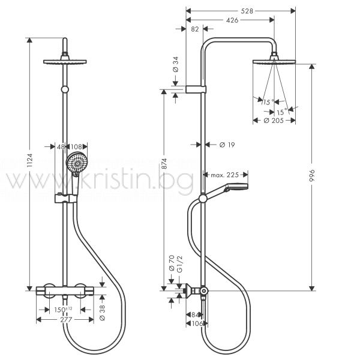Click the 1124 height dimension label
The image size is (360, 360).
click(30, 161)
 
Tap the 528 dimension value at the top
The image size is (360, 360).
click(247, 11)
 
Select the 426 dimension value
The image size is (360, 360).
click(232, 20)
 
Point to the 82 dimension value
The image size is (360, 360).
click(194, 29)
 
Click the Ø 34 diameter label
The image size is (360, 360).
click(176, 65)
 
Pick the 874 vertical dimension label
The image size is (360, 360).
click(164, 164)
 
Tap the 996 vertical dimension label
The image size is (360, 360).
click(312, 176)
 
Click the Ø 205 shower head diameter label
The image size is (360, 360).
click(274, 121)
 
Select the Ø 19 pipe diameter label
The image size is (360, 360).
click(227, 145)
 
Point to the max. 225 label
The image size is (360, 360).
click(225, 175)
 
